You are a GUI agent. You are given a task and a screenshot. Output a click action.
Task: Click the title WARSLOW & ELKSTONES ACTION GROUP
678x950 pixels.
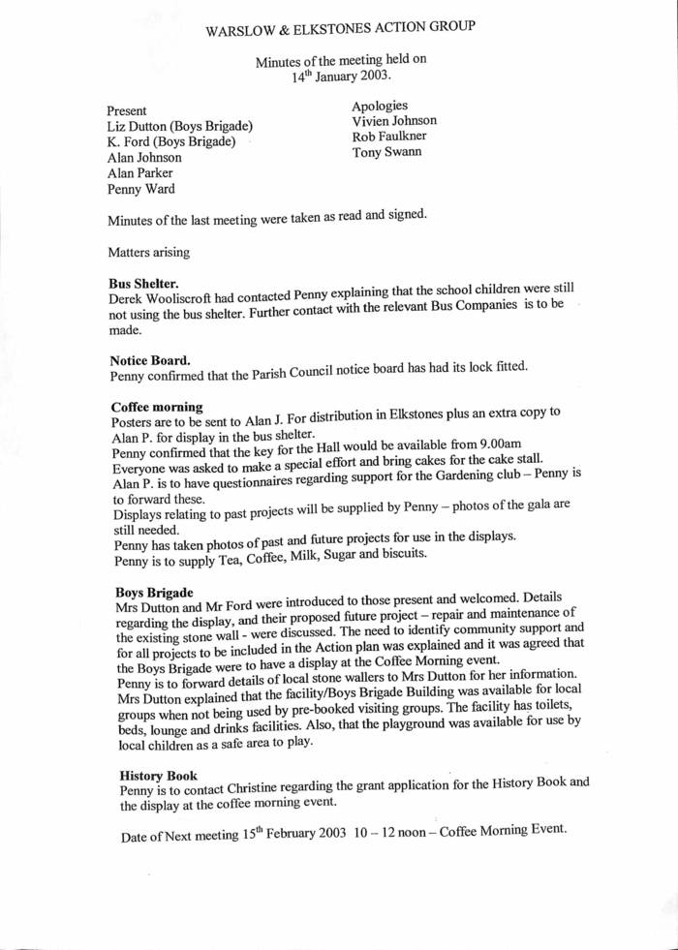(340, 28)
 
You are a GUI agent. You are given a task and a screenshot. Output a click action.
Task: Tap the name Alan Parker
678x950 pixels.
(139, 172)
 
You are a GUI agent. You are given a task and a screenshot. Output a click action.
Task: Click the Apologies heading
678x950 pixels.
(380, 105)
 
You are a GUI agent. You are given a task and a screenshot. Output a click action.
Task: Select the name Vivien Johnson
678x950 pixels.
(394, 120)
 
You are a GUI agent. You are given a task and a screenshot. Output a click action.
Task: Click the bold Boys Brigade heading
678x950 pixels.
(154, 591)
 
